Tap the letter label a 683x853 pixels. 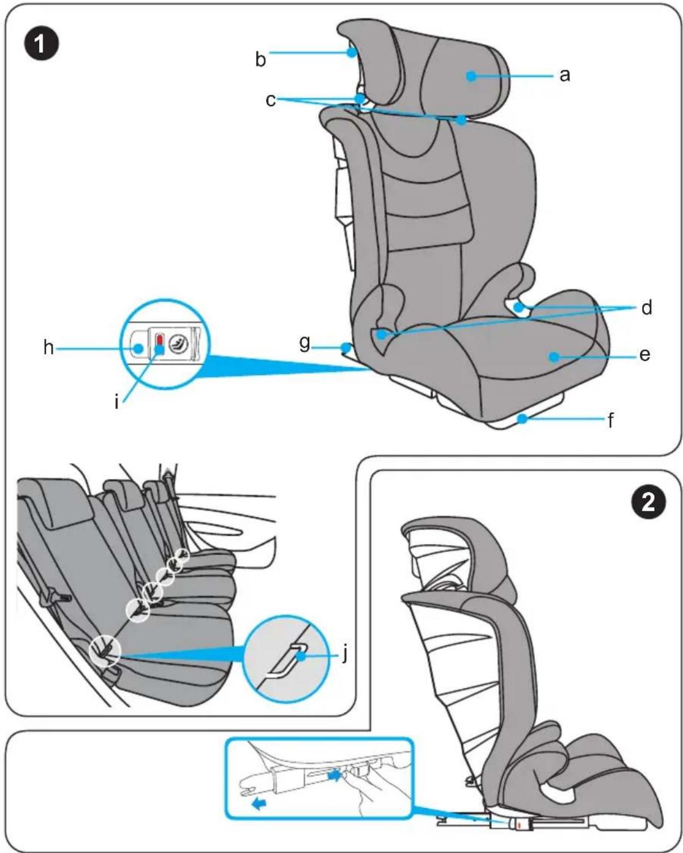564,75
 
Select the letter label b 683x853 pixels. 260,58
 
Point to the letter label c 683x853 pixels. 271,100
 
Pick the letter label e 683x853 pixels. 645,354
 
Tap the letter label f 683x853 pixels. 611,420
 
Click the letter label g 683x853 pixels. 304,343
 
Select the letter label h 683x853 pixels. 48,348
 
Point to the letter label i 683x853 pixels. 116,401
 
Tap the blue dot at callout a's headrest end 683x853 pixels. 471,75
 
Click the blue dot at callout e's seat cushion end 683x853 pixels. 554,357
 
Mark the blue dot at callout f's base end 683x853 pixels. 524,419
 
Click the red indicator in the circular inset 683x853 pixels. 159,340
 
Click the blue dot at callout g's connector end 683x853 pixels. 347,348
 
